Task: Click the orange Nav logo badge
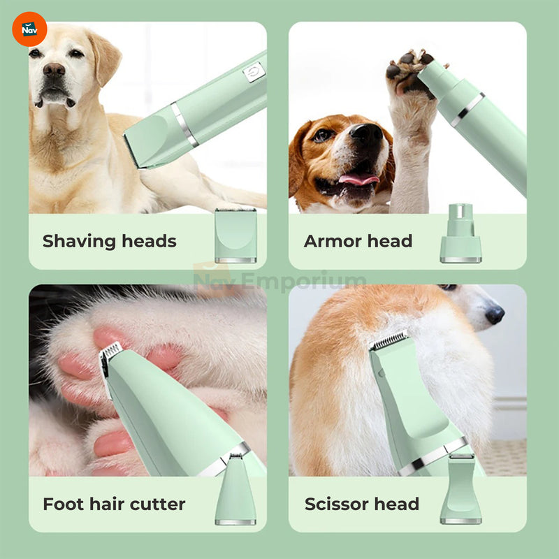[x=29, y=29]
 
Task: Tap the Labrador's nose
[x=54, y=70]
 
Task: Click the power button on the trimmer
[x=254, y=72]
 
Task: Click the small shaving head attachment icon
[x=235, y=235]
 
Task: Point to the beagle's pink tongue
[x=358, y=179]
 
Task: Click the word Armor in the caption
[x=333, y=241]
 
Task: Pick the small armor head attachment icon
[x=460, y=233]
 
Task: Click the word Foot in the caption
[x=64, y=504]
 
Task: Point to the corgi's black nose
[x=495, y=315]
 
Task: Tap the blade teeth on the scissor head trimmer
[x=389, y=340]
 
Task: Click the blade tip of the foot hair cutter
[x=110, y=351]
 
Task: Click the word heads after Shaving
[x=149, y=241]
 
